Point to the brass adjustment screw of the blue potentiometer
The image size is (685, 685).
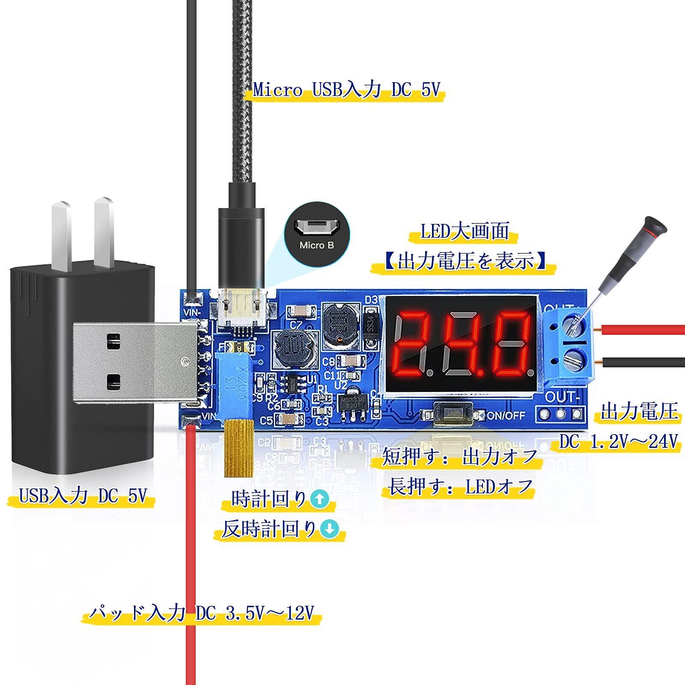coord(239,448)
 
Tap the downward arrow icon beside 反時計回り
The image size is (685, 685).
coord(330,530)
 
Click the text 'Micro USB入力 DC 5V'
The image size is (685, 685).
coord(346,90)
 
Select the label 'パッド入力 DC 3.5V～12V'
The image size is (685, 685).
coord(201,614)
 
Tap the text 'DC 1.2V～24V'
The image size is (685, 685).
coord(619,441)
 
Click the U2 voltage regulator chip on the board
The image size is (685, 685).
coord(352,402)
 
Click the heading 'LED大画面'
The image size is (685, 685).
coord(464,232)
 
